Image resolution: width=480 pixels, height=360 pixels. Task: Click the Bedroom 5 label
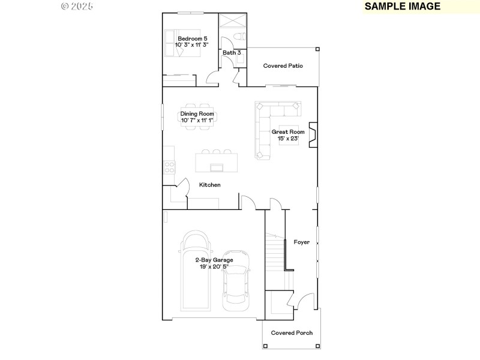point(192,38)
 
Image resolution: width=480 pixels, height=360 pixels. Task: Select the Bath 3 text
point(232,53)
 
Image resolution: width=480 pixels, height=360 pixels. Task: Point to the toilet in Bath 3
point(238,38)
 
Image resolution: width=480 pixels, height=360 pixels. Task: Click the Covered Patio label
point(283,65)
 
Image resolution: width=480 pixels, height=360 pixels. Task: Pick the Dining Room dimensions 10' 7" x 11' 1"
point(197,120)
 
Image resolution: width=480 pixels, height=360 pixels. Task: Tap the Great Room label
point(288,132)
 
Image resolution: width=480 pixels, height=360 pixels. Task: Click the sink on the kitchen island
point(215,167)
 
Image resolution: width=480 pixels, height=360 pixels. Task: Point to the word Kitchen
point(210,185)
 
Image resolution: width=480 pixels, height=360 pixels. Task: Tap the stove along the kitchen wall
point(169,167)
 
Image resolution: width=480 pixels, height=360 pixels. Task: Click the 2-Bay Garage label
point(214,260)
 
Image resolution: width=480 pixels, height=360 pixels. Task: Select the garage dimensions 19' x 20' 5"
point(214,266)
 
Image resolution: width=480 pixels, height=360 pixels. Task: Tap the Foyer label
point(301,242)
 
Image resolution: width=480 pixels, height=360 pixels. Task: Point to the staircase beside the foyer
point(276,252)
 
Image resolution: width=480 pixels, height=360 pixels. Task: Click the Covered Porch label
point(292,333)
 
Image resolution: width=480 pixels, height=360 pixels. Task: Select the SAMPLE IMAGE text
point(403,7)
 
